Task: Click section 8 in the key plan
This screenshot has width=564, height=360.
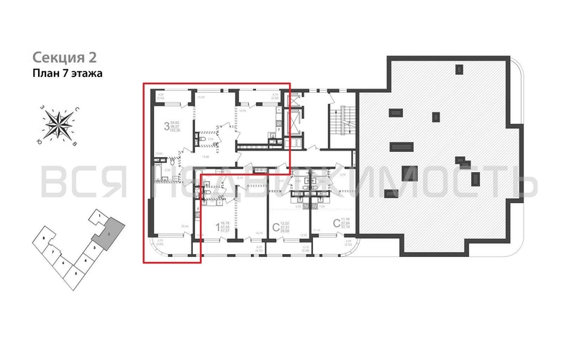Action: coord(45,237)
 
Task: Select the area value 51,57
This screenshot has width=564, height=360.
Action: coord(225,233)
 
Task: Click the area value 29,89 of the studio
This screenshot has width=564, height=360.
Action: coord(284,233)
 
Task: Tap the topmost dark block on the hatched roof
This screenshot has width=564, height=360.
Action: coord(458,69)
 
